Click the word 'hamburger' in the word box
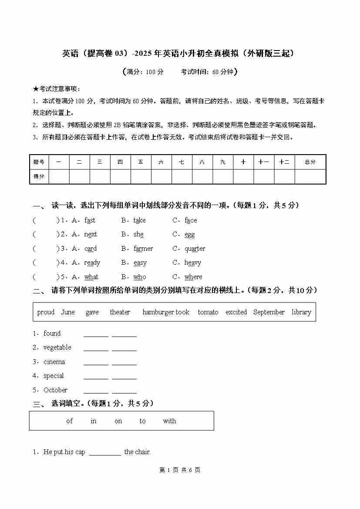pos(158,312)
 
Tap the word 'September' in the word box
pos(269,312)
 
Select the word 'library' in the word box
pos(301,312)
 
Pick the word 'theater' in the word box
pos(120,312)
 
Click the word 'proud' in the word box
pos(46,312)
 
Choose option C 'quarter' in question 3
pos(195,249)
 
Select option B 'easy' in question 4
pos(140,263)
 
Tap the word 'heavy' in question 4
pos(192,263)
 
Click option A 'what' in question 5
pos(91,277)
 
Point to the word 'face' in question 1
pos(191,220)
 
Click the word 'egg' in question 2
pos(189,235)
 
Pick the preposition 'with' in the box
pos(169,421)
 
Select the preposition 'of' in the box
pos(69,421)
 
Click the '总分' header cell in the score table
pos(310,162)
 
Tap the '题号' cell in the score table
pos(39,162)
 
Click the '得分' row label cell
pos(39,176)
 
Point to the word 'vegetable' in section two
pos(57,347)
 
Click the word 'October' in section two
pos(55,390)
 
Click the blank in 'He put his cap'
pos(105,452)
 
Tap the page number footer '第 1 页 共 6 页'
pos(180,470)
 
